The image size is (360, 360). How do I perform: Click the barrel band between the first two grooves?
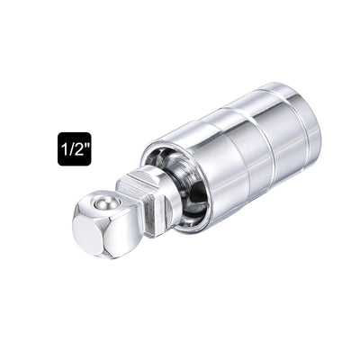click(243, 153)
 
